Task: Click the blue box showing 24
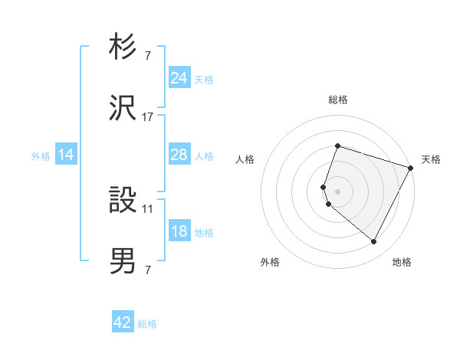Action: (179, 78)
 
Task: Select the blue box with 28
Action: (179, 155)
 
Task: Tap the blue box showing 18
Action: (179, 231)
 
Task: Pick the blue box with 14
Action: (66, 155)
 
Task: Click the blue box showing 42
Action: (123, 322)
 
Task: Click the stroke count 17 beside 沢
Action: (148, 117)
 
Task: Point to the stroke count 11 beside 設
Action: (148, 208)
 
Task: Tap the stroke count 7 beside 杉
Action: (148, 55)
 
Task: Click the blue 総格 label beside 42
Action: (147, 324)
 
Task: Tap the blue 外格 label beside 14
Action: (41, 156)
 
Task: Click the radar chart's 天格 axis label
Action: (431, 159)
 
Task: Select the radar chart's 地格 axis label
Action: (402, 263)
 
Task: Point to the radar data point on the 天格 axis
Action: (411, 167)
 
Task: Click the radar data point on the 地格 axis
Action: (374, 242)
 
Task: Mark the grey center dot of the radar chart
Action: (337, 191)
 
